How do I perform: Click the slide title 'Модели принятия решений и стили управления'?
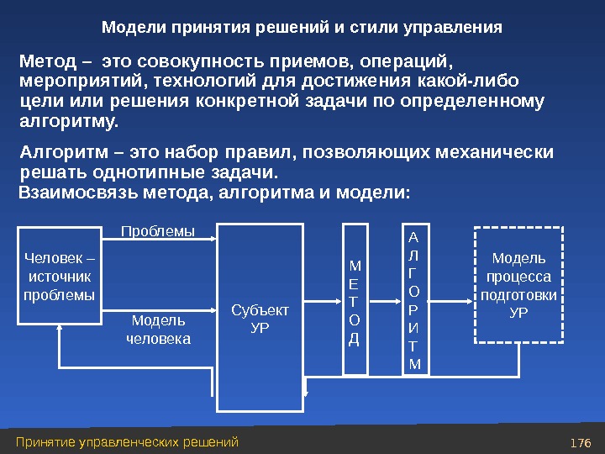(x=302, y=28)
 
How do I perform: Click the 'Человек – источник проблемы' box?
(x=60, y=276)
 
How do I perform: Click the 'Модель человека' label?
(x=158, y=330)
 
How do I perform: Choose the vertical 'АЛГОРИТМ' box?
(x=413, y=299)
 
